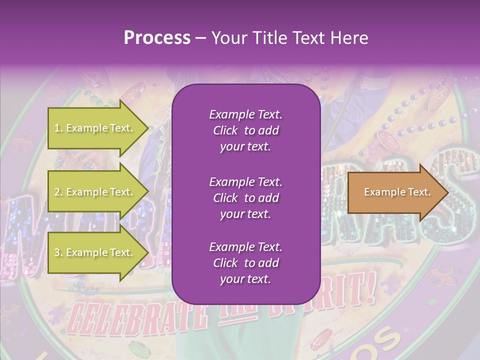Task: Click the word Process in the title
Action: tap(157, 38)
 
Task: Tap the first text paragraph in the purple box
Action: tap(245, 130)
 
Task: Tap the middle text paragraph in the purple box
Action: tap(245, 198)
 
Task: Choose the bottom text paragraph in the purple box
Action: tap(245, 263)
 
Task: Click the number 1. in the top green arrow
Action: tap(58, 128)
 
